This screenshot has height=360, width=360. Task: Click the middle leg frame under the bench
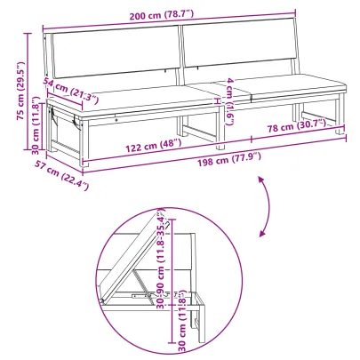(x=214, y=124)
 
